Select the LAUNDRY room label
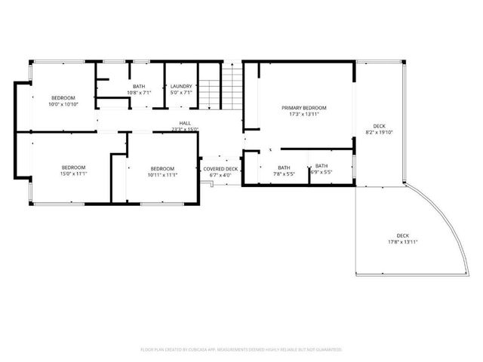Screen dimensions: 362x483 point(181,87)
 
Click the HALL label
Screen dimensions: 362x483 point(184,123)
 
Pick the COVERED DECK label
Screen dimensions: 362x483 point(220,168)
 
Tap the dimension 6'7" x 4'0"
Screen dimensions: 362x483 point(220,175)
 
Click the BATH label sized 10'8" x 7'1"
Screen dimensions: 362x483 point(139,87)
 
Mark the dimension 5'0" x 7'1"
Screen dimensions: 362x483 point(181,93)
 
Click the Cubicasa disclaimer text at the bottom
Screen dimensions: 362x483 point(241,349)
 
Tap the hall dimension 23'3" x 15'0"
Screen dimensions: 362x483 point(184,130)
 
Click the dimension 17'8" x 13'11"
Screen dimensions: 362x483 point(402,242)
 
